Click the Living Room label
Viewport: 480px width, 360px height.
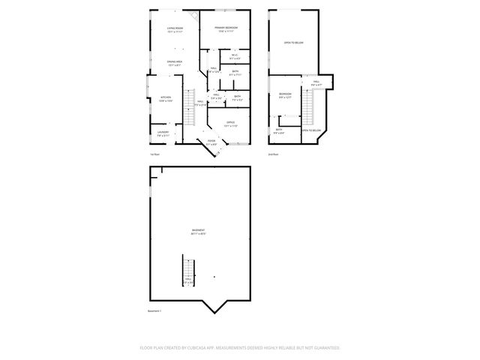click(175, 28)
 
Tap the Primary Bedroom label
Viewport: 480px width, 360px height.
click(227, 28)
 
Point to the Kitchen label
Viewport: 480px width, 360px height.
click(166, 97)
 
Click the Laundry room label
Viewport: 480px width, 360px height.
click(163, 132)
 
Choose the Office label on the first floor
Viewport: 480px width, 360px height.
click(231, 121)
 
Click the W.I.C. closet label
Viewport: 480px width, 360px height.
click(234, 55)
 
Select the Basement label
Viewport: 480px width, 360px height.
click(199, 231)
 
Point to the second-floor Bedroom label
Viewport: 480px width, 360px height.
click(285, 94)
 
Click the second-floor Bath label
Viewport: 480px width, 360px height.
click(279, 130)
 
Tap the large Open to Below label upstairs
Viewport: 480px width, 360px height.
click(293, 43)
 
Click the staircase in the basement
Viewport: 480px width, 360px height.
click(187, 268)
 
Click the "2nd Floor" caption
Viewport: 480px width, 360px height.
click(274, 154)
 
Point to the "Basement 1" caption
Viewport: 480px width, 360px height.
click(154, 310)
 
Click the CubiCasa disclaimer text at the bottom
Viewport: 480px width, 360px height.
click(240, 347)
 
